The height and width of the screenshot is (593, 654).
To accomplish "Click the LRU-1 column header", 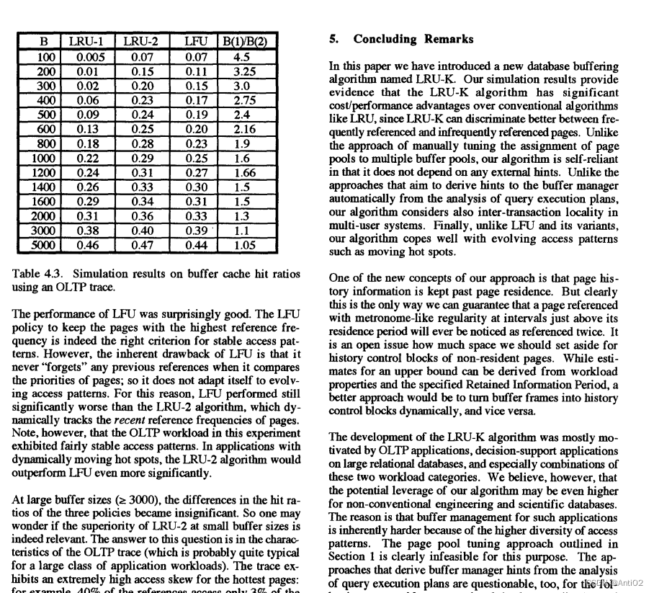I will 87,42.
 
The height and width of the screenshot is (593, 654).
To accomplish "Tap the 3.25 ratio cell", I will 245,71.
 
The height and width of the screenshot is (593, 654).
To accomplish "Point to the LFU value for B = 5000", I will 196,245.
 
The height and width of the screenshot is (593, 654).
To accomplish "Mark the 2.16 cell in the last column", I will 245,130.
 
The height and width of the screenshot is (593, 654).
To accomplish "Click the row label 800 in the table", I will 45,144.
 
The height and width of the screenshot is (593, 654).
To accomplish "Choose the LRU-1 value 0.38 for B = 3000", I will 87,231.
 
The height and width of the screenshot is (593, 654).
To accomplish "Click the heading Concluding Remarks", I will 413,39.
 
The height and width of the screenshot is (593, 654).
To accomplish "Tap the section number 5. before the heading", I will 334,39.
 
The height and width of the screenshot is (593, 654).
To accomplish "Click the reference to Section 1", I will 352,557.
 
